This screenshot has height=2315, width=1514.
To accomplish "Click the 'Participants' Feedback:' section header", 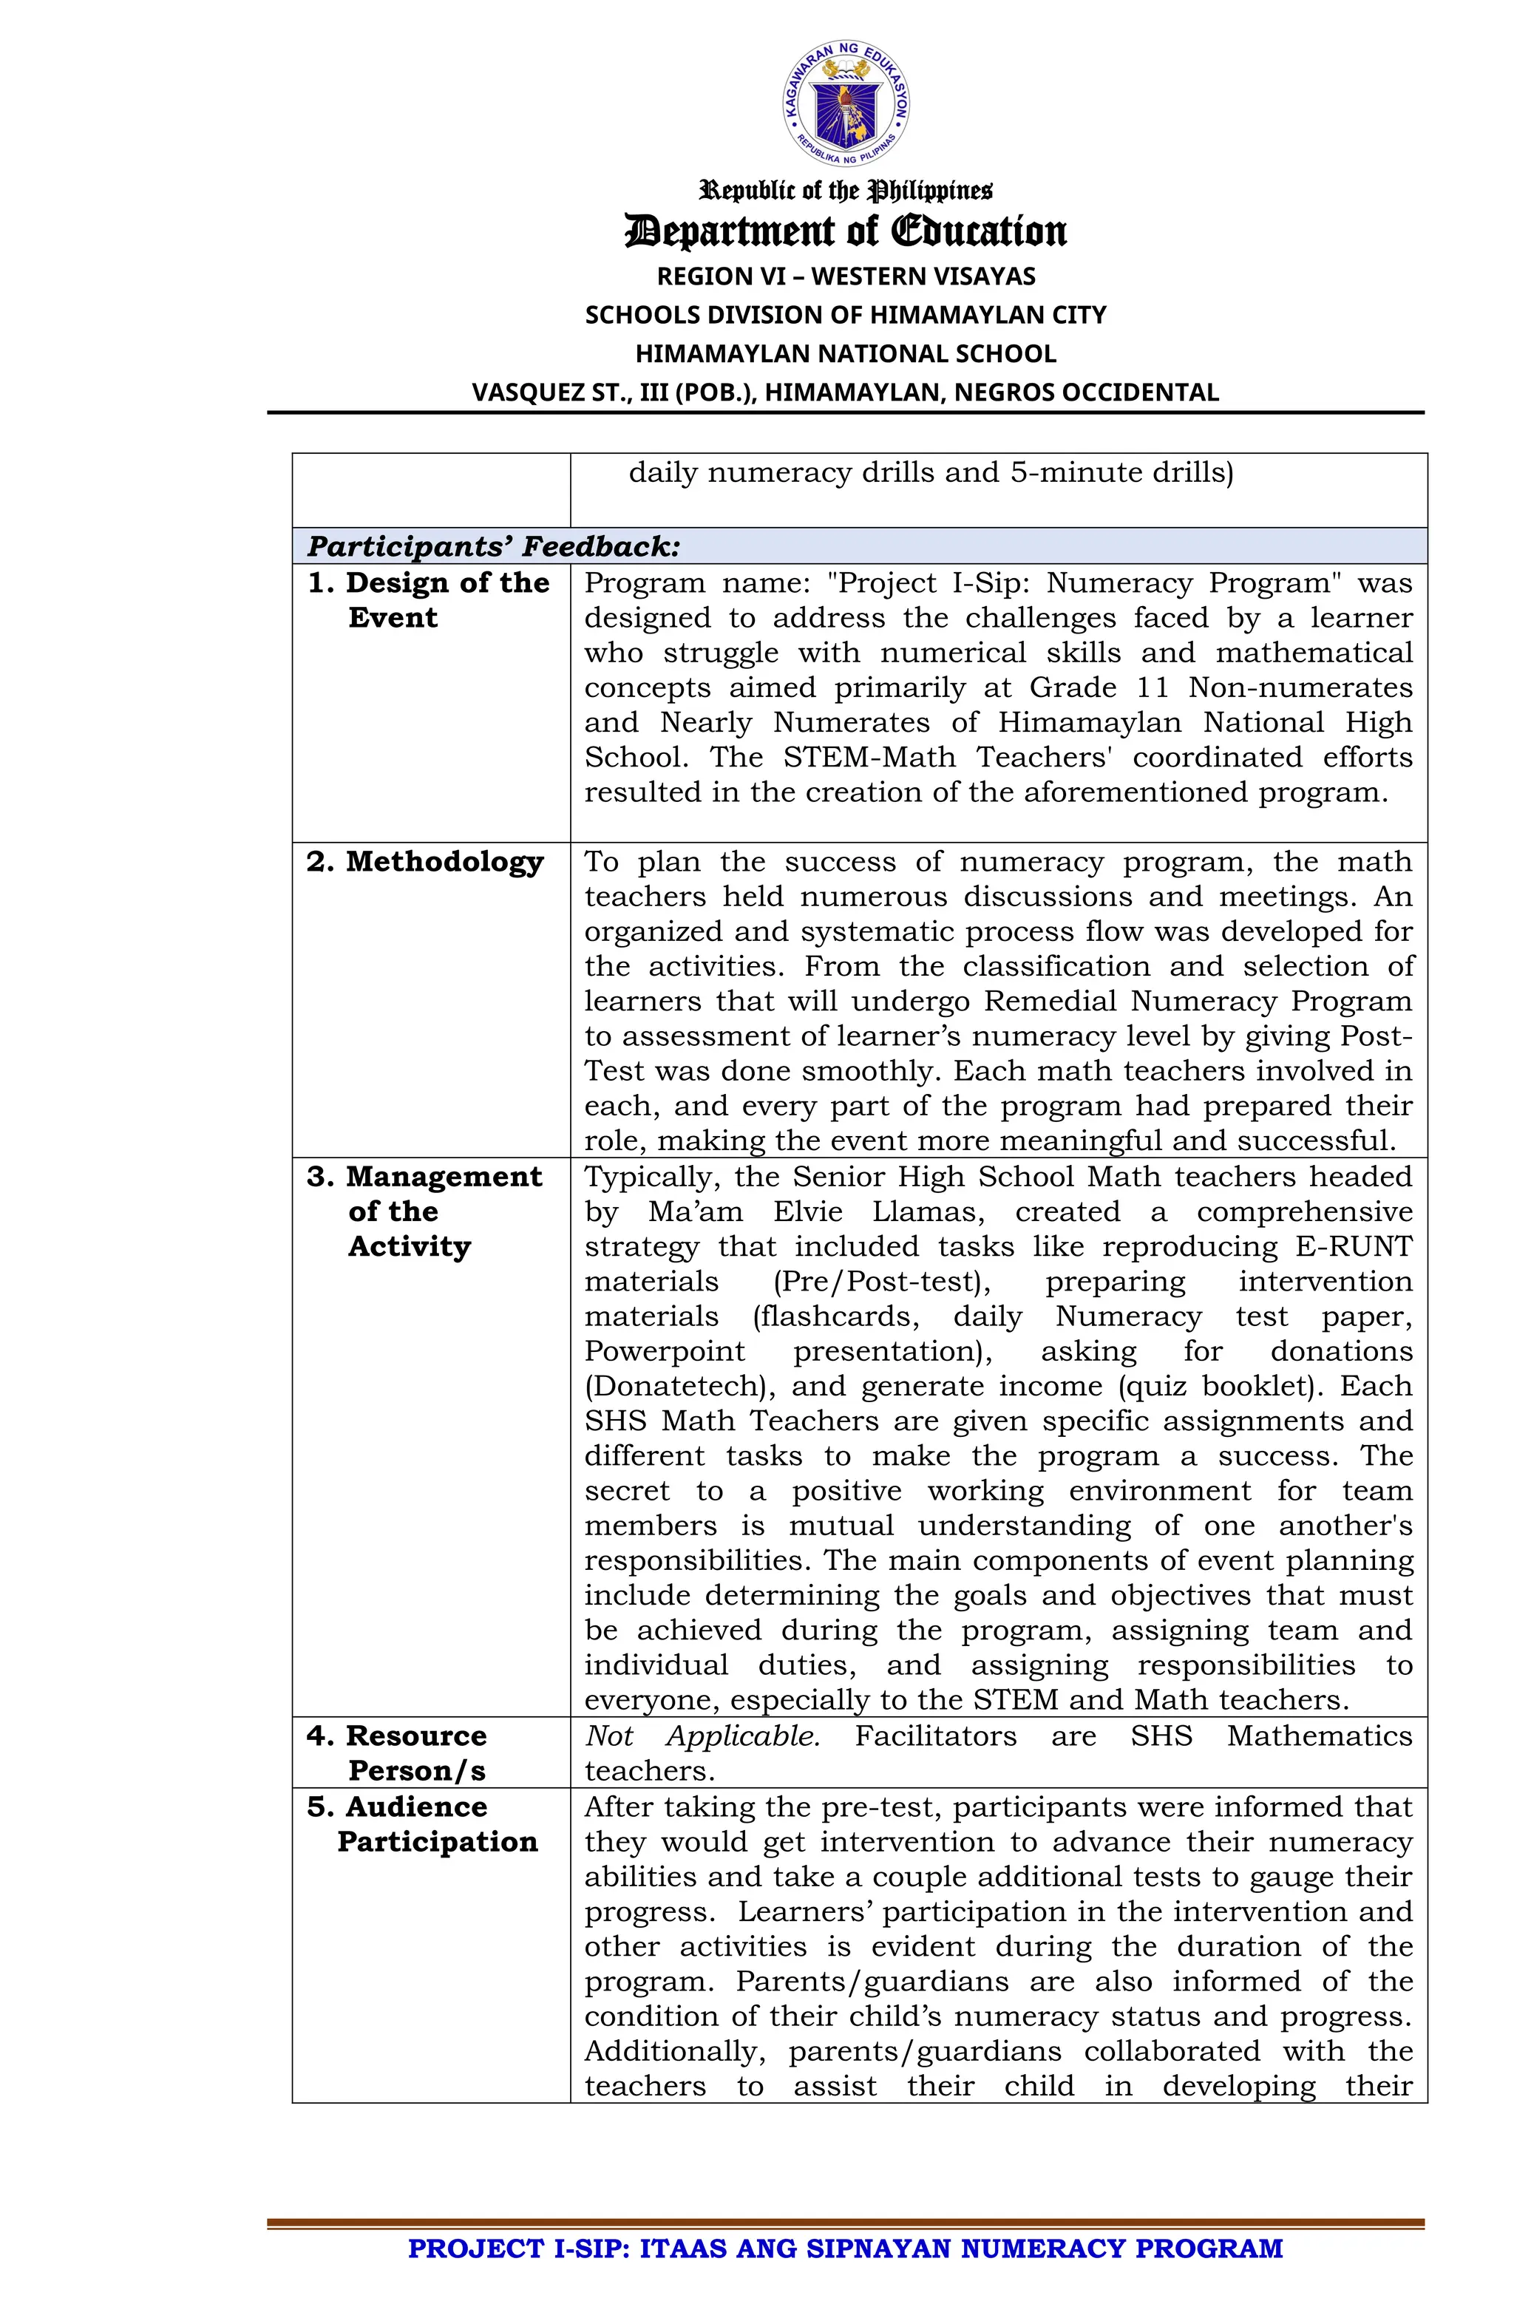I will point(493,547).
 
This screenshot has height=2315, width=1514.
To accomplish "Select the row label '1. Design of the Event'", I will point(428,600).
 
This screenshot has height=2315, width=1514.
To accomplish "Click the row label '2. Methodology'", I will point(425,862).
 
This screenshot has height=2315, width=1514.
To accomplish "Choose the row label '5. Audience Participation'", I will point(421,1823).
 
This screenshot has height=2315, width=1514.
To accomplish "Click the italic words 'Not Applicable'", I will point(701,1736).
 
